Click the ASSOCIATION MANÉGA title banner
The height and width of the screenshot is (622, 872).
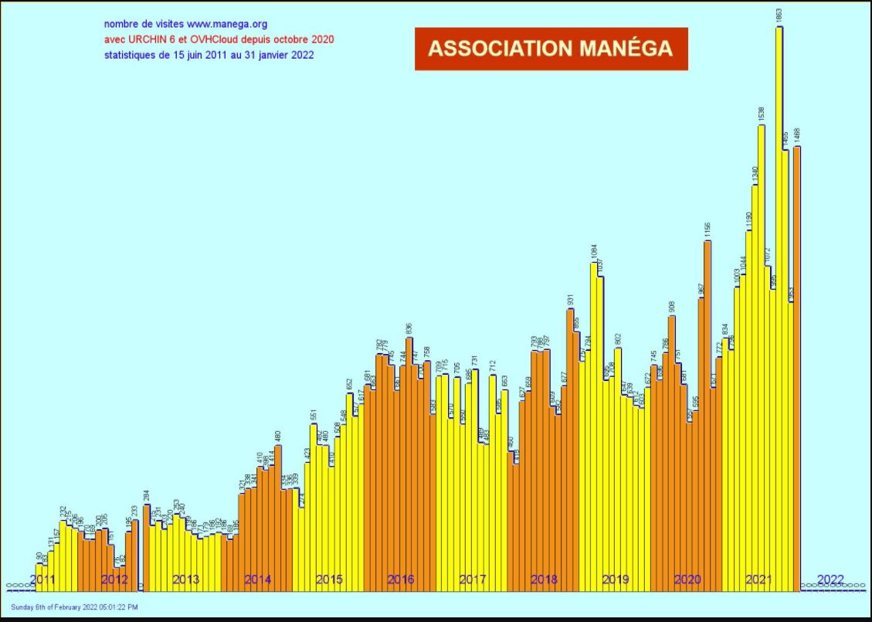click(x=551, y=49)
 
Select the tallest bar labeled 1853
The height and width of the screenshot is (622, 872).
click(x=779, y=309)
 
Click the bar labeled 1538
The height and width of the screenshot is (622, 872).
click(x=762, y=355)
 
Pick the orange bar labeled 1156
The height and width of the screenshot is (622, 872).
click(x=707, y=417)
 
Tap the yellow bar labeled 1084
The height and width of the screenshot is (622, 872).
click(x=594, y=425)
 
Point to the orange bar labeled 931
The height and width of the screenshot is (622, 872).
click(x=570, y=448)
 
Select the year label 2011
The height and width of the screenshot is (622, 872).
click(x=42, y=580)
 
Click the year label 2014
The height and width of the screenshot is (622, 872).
click(x=258, y=580)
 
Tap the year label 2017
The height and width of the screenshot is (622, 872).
click(x=472, y=580)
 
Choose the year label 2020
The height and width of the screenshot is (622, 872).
click(x=687, y=580)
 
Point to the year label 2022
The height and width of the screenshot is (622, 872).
click(x=830, y=580)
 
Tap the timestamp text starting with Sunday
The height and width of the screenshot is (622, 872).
click(x=74, y=607)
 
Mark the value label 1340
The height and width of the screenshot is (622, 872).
click(x=755, y=174)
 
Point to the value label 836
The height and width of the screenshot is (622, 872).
click(x=409, y=328)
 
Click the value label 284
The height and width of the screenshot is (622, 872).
click(x=146, y=496)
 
